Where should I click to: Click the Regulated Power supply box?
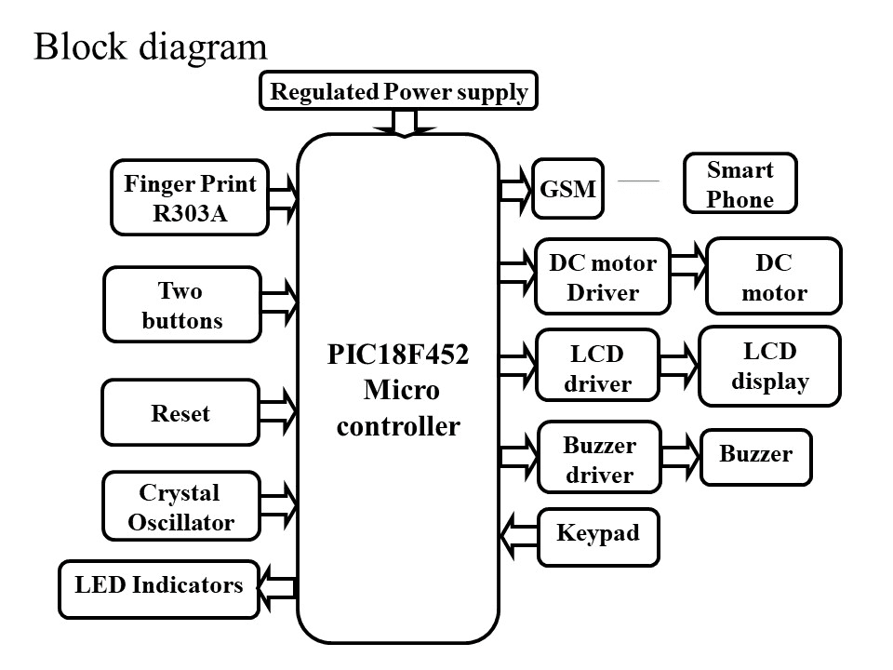[398, 91]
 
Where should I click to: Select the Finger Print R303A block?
[190, 197]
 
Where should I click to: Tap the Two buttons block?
[182, 306]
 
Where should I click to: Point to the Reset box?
[180, 412]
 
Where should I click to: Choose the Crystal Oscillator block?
[181, 506]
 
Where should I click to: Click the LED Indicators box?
[158, 588]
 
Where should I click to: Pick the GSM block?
[567, 188]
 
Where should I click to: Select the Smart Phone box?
[740, 184]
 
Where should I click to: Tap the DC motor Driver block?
[602, 276]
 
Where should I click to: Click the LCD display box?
[769, 366]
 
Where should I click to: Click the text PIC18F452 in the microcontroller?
[397, 356]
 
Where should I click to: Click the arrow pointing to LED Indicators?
[276, 588]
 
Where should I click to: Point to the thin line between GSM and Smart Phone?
[638, 181]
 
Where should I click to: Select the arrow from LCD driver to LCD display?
[678, 365]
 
